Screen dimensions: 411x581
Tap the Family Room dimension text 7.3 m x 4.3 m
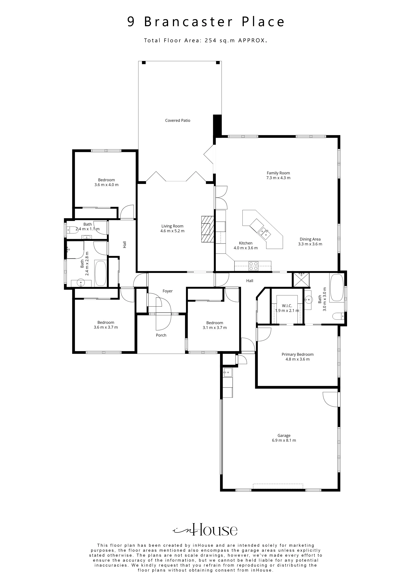pos(278,178)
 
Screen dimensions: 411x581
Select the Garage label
pos(284,435)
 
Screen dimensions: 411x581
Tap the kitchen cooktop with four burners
pos(254,266)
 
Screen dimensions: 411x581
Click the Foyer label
pos(167,291)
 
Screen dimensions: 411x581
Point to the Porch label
pos(161,335)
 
